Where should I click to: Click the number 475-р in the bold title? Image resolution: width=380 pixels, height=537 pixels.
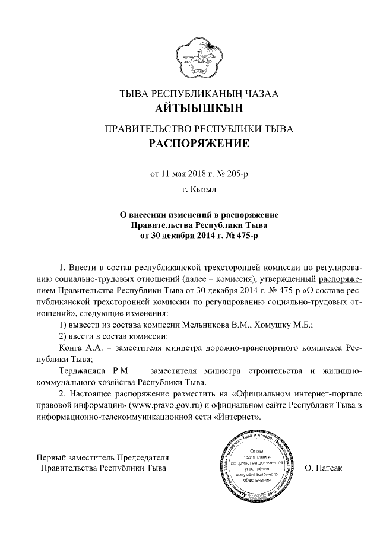click(246, 235)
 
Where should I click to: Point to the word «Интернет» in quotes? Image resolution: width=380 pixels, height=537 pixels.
click(240, 417)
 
